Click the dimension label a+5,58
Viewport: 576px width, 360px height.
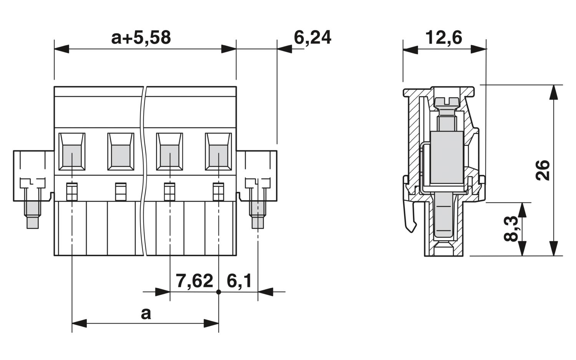pos(141,38)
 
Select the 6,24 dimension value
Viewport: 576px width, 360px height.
pos(312,38)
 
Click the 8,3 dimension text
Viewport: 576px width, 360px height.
pos(511,229)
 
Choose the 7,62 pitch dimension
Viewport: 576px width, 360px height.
pos(194,281)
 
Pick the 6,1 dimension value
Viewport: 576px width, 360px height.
pos(239,281)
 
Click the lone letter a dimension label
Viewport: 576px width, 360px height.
pos(146,314)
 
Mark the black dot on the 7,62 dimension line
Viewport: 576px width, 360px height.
pos(218,292)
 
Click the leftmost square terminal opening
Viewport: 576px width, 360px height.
pos(72,152)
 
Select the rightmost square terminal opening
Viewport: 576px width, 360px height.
pos(218,152)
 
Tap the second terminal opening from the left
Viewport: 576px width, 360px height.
pos(121,152)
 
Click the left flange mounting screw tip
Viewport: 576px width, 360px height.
pos(32,222)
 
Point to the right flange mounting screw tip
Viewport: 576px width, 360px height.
pos(258,222)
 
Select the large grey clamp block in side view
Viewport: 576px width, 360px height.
pos(446,158)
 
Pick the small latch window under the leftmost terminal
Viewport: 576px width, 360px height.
pos(72,192)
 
